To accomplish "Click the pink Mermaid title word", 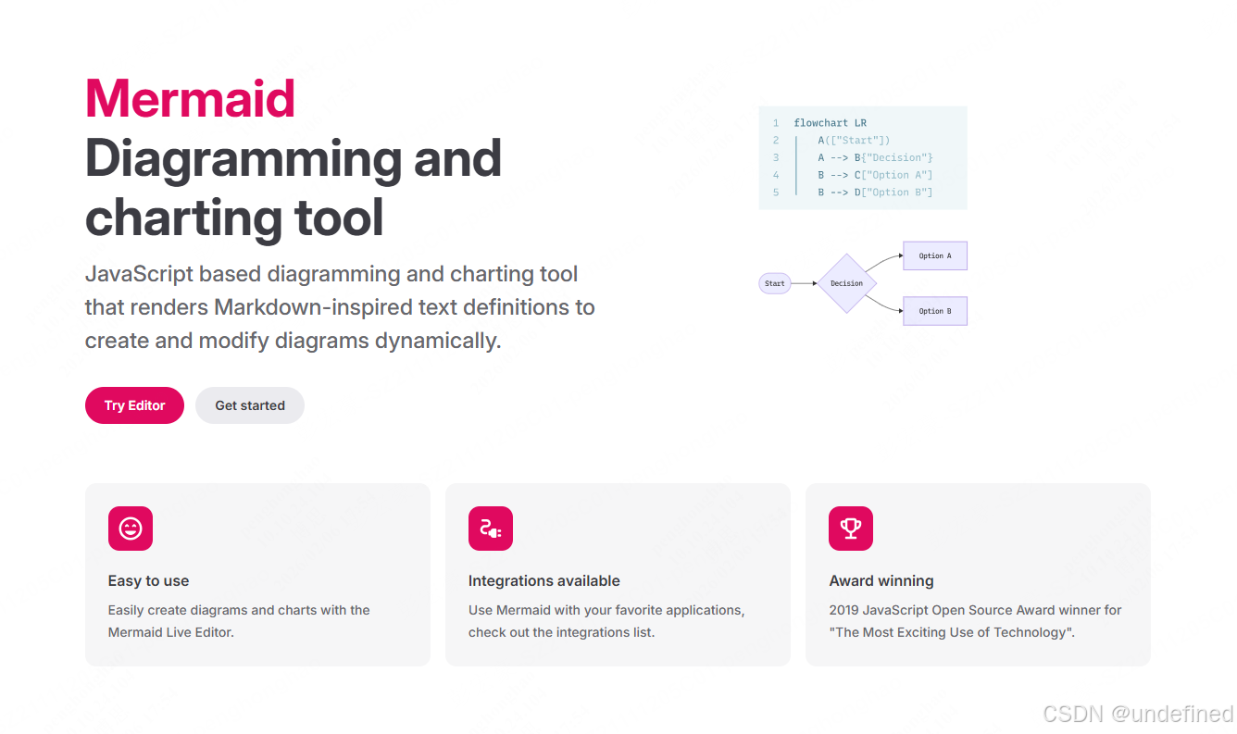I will pyautogui.click(x=190, y=98).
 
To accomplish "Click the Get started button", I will pyautogui.click(x=250, y=405).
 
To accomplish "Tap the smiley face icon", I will pyautogui.click(x=131, y=529).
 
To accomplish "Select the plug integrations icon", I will pyautogui.click(x=491, y=529).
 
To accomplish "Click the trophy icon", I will pyautogui.click(x=851, y=529).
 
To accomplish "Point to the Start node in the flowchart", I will pyautogui.click(x=775, y=283).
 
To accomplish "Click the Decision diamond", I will pyautogui.click(x=846, y=283).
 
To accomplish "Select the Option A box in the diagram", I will pyautogui.click(x=935, y=255).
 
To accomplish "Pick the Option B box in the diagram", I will pyautogui.click(x=935, y=311).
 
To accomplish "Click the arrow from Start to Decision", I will pyautogui.click(x=805, y=283).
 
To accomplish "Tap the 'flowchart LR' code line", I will pyautogui.click(x=830, y=122).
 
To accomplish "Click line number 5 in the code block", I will pyautogui.click(x=776, y=193).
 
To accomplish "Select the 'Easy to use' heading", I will pyautogui.click(x=148, y=581).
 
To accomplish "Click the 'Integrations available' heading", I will pyautogui.click(x=544, y=581).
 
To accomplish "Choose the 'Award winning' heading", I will pyautogui.click(x=881, y=581).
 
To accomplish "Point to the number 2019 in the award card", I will pyautogui.click(x=843, y=610).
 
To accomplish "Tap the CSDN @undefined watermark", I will pyautogui.click(x=1138, y=714).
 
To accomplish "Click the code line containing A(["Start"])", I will pyautogui.click(x=854, y=140).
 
